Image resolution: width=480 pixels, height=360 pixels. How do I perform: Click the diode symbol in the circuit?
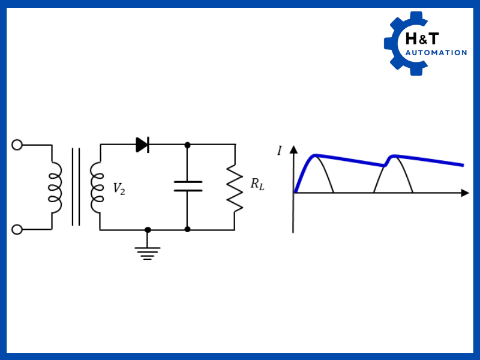[x=142, y=145]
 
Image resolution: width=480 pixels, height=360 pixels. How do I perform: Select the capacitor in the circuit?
[x=188, y=186]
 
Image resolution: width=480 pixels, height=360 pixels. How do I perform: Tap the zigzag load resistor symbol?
[x=235, y=188]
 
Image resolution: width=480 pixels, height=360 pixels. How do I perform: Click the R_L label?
[x=257, y=184]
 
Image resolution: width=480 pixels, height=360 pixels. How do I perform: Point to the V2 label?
[x=119, y=188]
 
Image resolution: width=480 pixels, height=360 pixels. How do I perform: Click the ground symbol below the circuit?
[x=148, y=252]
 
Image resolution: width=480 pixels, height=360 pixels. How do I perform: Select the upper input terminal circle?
[x=17, y=145]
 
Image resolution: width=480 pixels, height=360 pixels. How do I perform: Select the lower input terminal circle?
[x=17, y=229]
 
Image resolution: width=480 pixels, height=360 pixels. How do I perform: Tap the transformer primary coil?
[x=55, y=187]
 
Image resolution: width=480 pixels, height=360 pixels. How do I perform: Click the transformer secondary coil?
[x=97, y=187]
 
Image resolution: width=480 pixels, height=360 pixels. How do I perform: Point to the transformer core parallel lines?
[x=76, y=187]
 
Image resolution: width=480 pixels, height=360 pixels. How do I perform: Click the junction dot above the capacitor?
[x=187, y=145]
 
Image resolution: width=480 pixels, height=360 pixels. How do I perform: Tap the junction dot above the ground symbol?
[x=148, y=230]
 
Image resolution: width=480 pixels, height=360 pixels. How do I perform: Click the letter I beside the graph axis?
[x=279, y=151]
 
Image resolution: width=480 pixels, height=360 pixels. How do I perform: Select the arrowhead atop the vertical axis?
[x=293, y=149]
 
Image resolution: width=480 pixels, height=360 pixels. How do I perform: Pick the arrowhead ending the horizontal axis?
[x=465, y=193]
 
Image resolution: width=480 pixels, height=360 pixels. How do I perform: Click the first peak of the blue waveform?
[x=316, y=155]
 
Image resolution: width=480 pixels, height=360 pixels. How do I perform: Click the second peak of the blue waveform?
[x=393, y=156]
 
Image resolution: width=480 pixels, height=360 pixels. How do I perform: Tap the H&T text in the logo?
[x=422, y=39]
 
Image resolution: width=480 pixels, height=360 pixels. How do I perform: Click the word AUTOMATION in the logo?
[x=436, y=53]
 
